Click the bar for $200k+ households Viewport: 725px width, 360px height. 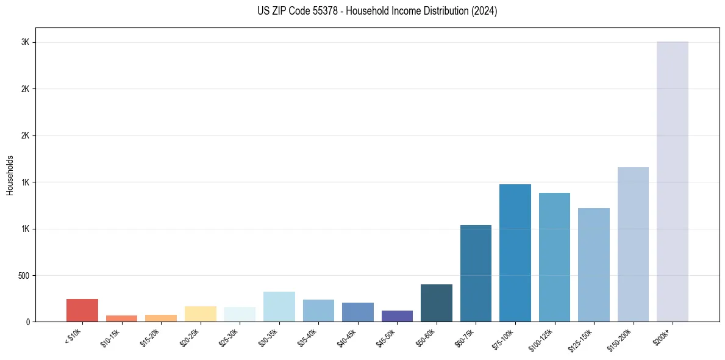(672, 182)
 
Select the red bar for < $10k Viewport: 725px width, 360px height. (82, 310)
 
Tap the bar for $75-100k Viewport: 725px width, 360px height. (515, 253)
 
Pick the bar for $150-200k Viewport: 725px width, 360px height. (633, 244)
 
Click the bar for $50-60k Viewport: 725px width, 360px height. (437, 303)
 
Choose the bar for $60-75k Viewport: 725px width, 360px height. (476, 273)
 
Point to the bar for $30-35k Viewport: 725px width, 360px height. (279, 306)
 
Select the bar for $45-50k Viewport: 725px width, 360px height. (397, 316)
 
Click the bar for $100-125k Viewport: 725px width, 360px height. (554, 257)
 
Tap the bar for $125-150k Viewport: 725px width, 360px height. (594, 265)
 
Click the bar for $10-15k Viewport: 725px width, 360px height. (121, 319)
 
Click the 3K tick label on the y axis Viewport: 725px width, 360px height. (26, 42)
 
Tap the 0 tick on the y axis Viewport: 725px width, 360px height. (27, 322)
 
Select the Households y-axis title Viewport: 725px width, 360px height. (10, 175)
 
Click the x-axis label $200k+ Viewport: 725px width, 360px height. (662, 337)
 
